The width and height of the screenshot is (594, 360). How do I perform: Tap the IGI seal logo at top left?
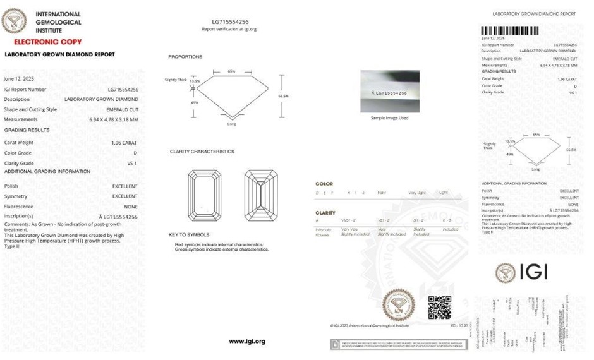[x=14, y=21]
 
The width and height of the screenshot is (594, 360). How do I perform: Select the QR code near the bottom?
[x=440, y=307]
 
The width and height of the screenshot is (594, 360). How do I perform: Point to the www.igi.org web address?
[x=247, y=341]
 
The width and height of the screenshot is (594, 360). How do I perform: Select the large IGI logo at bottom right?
[x=522, y=272]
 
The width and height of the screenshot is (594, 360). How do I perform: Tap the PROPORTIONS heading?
[x=185, y=57]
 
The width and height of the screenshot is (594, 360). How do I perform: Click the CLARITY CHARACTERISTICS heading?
[x=202, y=152]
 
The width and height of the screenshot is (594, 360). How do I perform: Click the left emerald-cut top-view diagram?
[x=203, y=196]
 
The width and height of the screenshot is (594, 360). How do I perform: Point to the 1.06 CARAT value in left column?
[x=124, y=143]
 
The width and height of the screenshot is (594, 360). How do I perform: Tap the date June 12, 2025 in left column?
[x=17, y=79]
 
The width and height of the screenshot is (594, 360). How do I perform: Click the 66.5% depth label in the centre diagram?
[x=283, y=96]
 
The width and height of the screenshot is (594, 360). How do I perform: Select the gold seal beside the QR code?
[x=398, y=305]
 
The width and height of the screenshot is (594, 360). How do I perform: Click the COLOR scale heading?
[x=324, y=184]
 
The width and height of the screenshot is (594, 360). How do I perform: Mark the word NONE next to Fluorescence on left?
[x=131, y=207]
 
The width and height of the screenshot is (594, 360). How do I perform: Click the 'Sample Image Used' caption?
[x=389, y=118]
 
